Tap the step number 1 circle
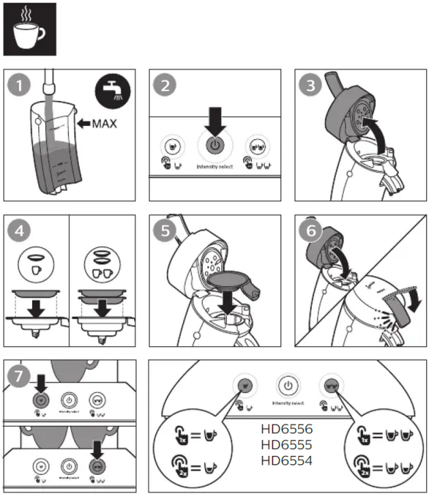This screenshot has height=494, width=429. [22, 87]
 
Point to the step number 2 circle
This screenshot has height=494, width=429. [168, 87]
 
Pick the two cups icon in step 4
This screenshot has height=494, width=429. [104, 266]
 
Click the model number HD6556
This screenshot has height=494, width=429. [287, 431]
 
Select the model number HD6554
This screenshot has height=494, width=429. [287, 461]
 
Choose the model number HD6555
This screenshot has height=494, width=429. [287, 446]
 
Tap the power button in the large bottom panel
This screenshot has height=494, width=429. [288, 386]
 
